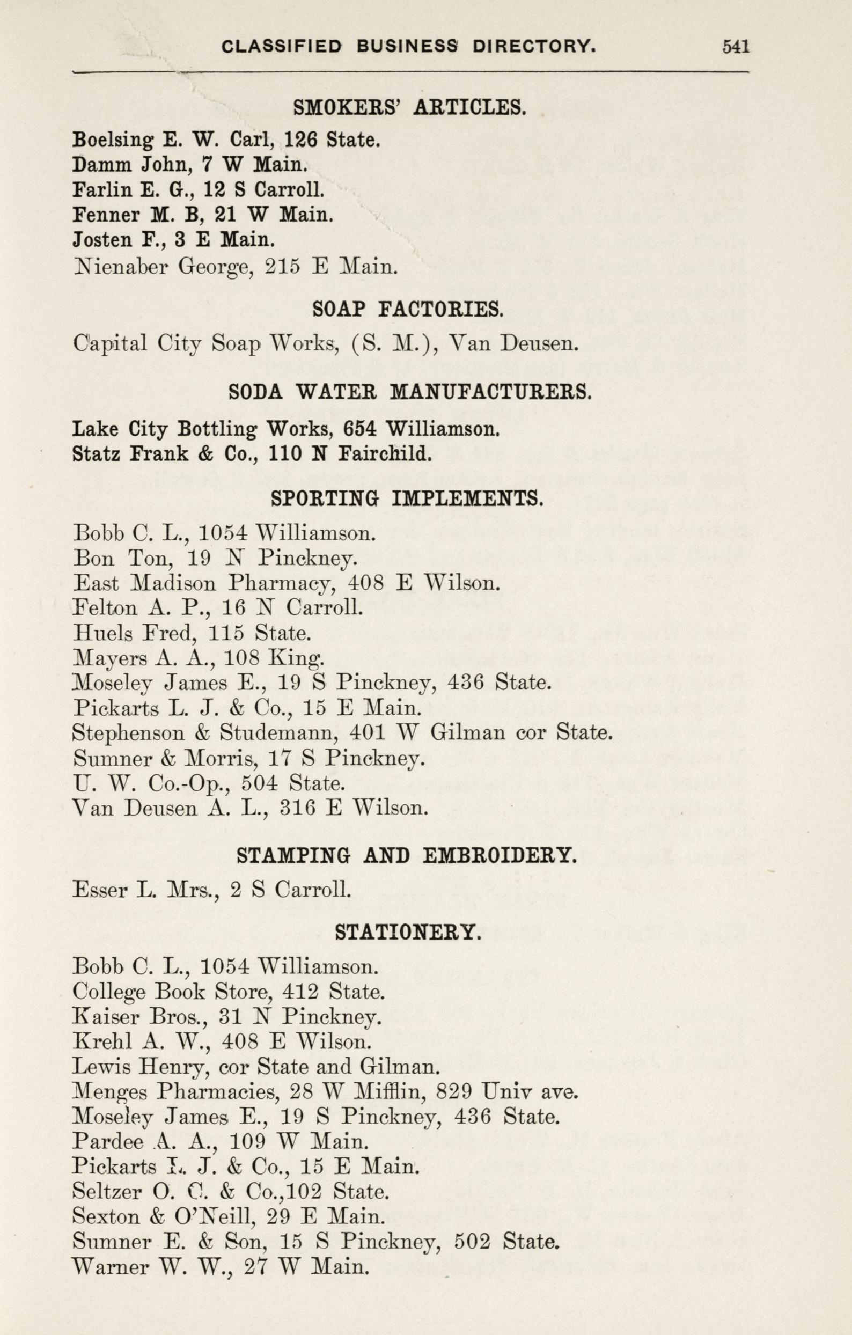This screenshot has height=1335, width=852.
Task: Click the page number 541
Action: tap(736, 47)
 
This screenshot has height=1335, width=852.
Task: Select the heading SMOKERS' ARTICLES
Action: tap(409, 107)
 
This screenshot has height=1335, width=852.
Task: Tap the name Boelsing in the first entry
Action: tap(113, 140)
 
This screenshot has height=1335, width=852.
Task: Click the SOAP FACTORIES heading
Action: tap(408, 310)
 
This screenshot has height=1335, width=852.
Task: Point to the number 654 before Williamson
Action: tap(361, 429)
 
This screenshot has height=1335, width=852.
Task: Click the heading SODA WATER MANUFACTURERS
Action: tap(410, 393)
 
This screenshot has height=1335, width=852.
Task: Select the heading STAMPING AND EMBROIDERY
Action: tap(407, 855)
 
